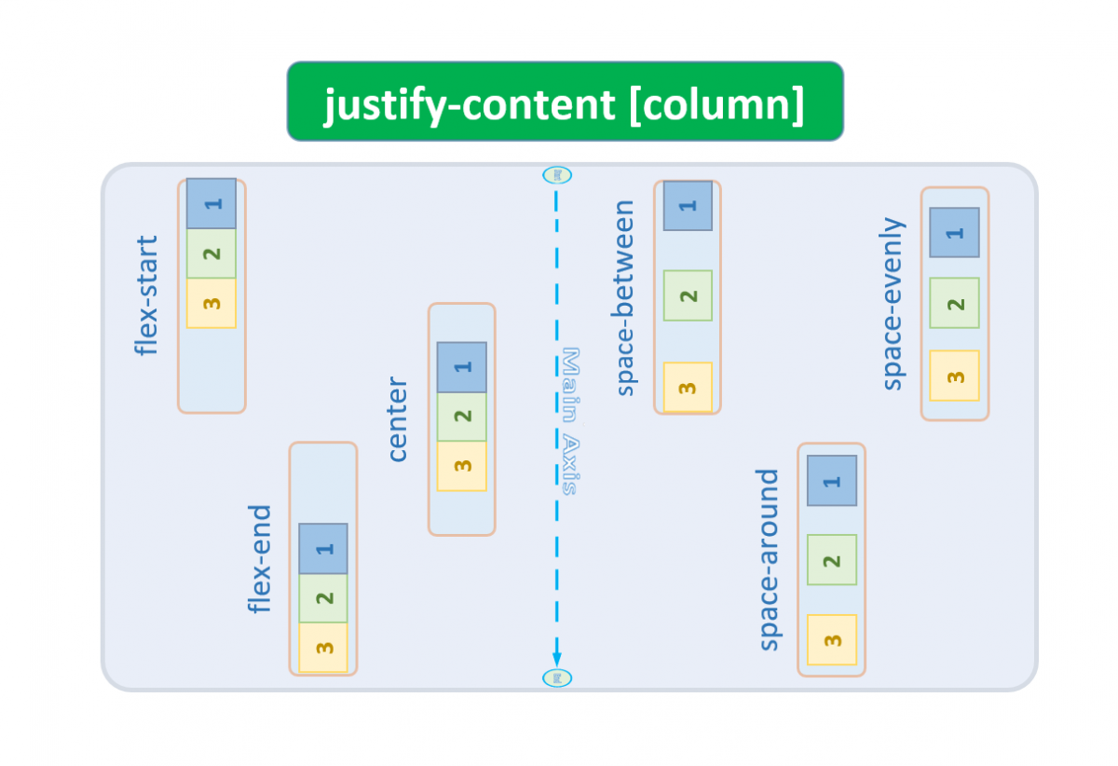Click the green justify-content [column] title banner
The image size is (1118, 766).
pos(565,102)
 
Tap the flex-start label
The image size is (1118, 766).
pos(146,295)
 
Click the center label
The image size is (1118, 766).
pos(397,419)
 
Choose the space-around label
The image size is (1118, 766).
pos(768,559)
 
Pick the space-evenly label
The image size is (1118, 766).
pos(893,304)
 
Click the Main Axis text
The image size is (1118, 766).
pos(571,421)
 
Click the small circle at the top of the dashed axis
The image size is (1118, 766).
pos(556,174)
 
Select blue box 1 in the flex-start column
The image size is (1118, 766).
pos(211,203)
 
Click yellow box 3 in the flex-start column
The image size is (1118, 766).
pos(211,304)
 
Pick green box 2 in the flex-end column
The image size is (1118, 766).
pos(323,598)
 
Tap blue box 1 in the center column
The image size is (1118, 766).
pos(462,367)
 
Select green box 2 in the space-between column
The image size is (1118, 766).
pos(688,296)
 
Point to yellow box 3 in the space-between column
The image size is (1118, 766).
pos(688,387)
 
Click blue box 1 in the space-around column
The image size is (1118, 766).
pos(832,481)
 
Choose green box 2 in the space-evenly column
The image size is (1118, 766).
pos(954,304)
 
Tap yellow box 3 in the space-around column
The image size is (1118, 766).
pos(832,640)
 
